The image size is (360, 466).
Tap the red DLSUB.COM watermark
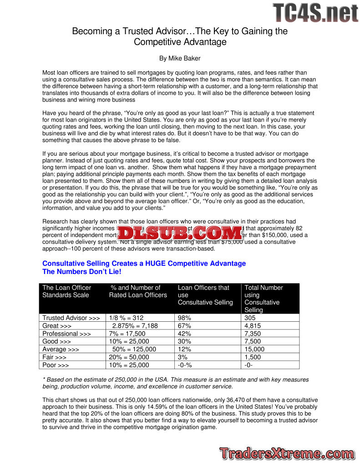(180, 233)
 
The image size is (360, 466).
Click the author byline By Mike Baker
(180, 58)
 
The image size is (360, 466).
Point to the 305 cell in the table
(250, 318)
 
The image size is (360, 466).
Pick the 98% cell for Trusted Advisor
(184, 318)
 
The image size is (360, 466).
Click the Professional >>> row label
(66, 334)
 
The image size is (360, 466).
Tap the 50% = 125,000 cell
(134, 349)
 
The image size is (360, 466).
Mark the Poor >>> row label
(56, 365)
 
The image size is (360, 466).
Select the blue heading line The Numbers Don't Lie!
(82, 272)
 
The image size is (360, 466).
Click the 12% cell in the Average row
(184, 349)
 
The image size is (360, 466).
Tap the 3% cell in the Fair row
(183, 357)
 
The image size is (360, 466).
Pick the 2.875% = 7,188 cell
(135, 326)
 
